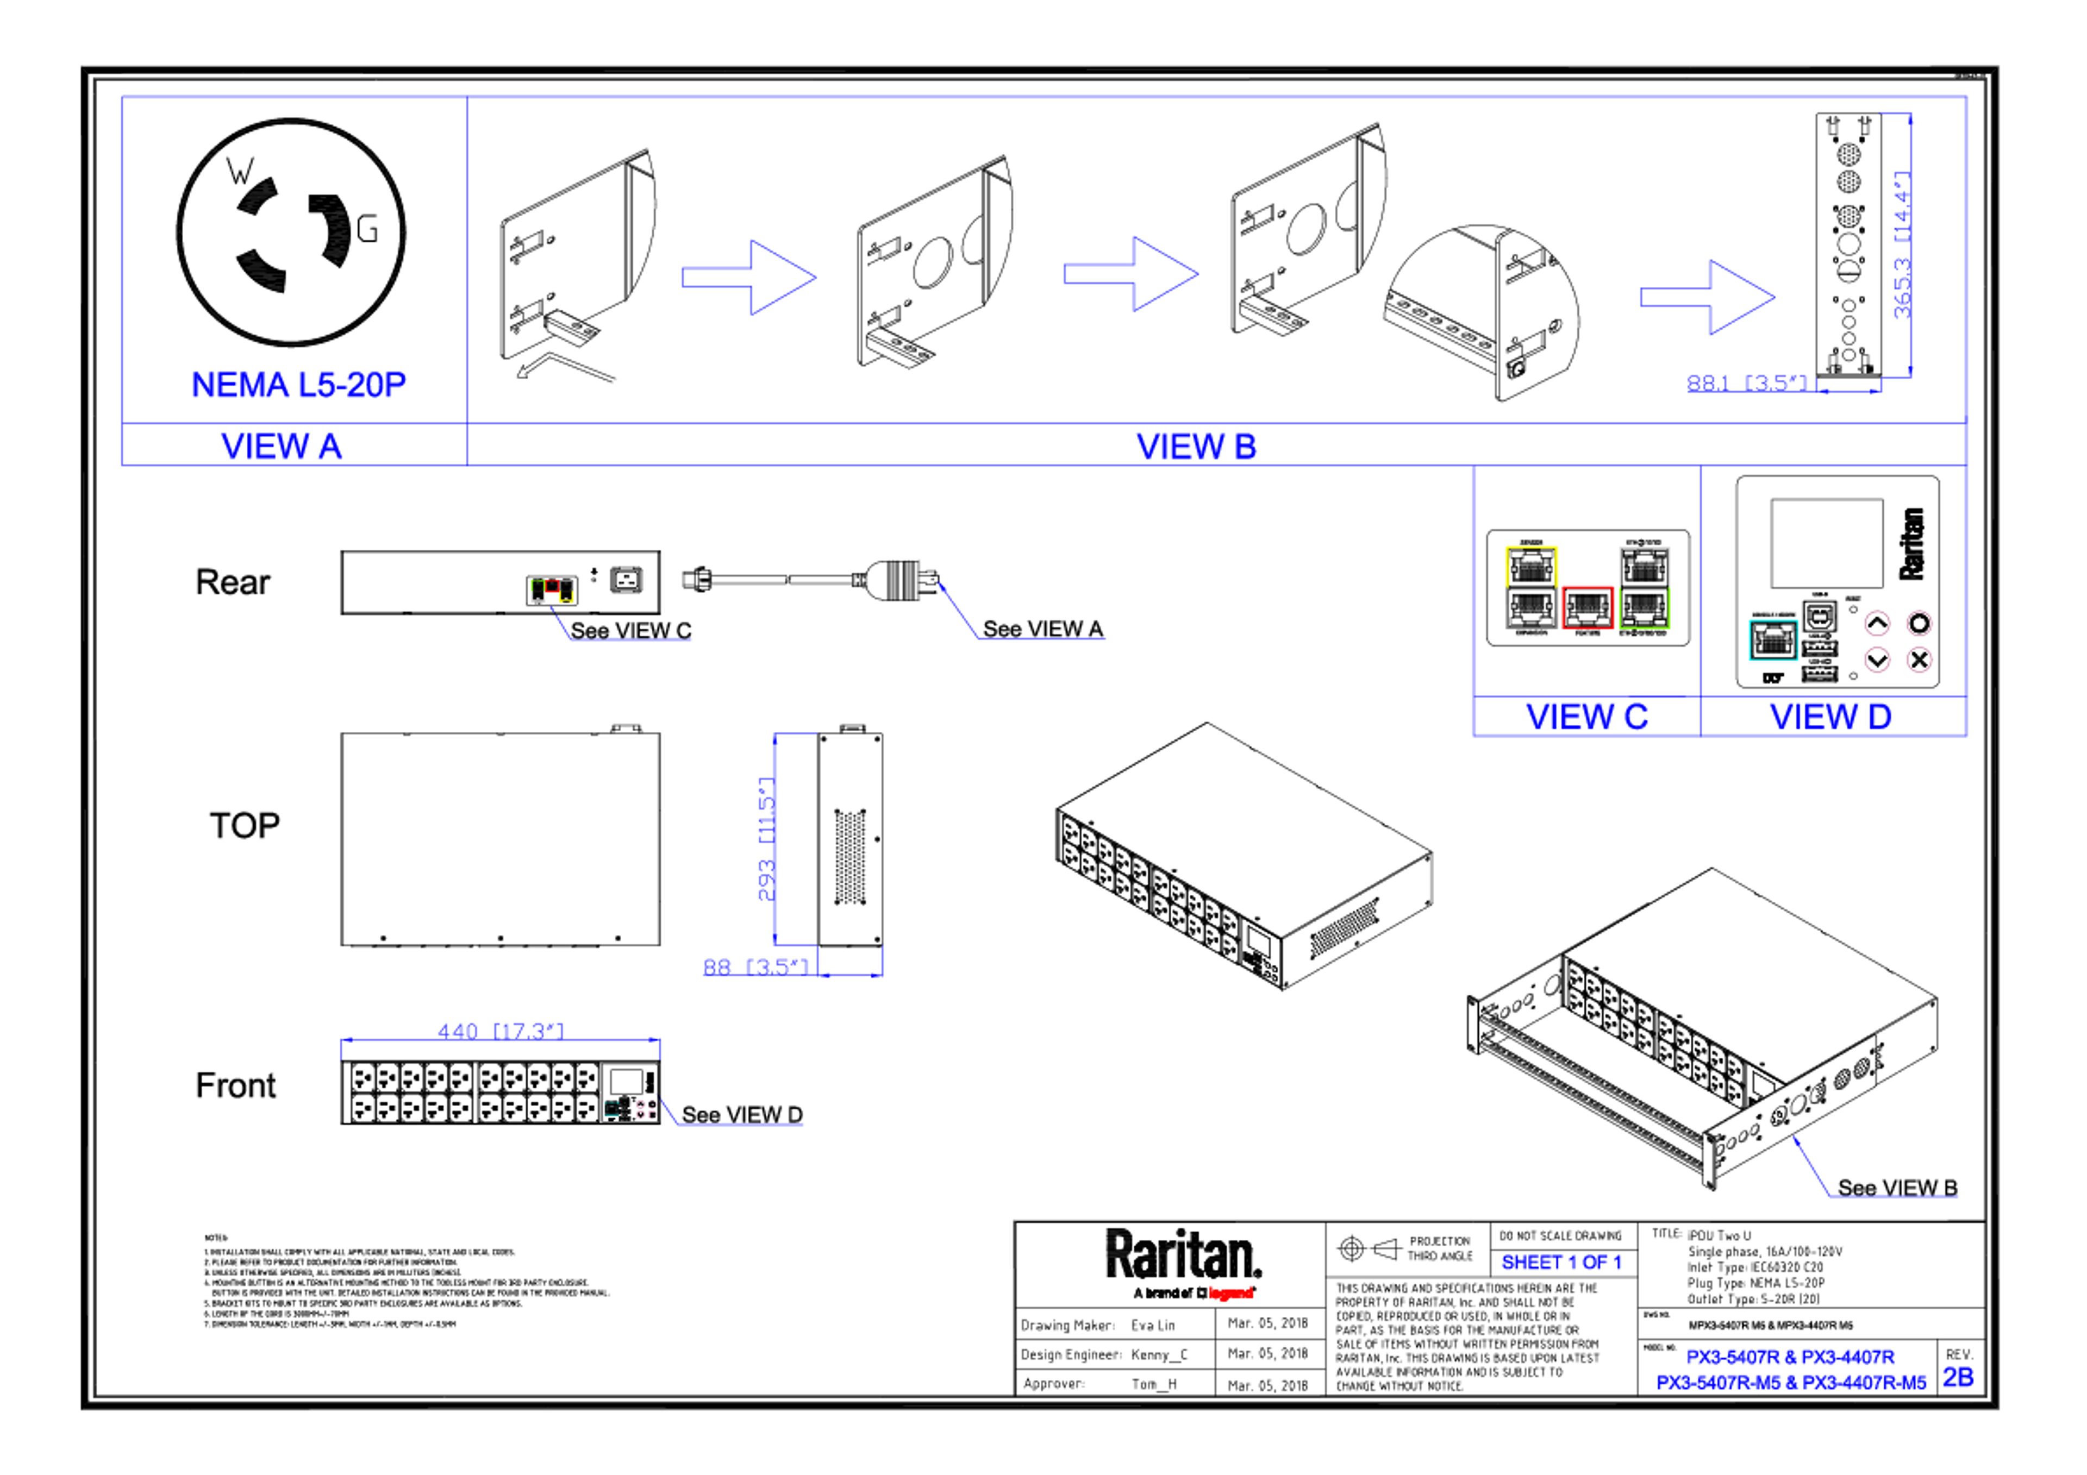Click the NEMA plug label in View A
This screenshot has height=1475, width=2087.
click(299, 385)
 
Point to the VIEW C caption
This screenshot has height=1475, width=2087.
click(1587, 716)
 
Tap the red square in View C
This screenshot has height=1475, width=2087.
click(1588, 607)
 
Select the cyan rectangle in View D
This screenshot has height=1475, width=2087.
click(1772, 641)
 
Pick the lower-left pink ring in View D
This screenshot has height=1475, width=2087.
click(1877, 659)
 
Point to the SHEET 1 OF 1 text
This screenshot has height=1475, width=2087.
click(1561, 1263)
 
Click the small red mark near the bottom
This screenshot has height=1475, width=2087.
click(1232, 1293)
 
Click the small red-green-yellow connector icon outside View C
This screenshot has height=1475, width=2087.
click(552, 592)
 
